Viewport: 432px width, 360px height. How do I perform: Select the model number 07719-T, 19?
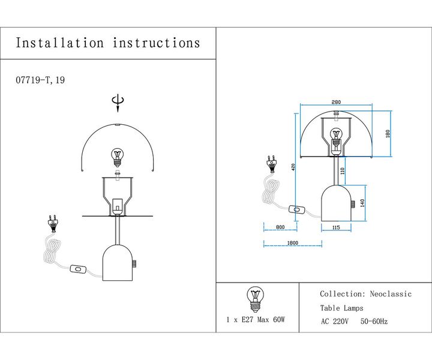[40, 80]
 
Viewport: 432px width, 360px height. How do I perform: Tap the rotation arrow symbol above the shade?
[118, 104]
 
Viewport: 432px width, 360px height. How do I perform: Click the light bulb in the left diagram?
[118, 157]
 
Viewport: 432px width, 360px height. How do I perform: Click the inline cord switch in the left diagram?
[77, 271]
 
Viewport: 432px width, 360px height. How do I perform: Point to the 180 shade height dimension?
[388, 133]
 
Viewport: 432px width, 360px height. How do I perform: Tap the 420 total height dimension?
[293, 168]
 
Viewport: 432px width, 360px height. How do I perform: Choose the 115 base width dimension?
[335, 227]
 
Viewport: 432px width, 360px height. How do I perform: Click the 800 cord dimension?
[280, 227]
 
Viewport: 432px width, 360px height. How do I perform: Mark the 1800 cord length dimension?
[292, 243]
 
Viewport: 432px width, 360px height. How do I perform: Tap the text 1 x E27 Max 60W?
[255, 320]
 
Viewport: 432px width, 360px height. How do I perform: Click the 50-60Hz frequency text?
[374, 322]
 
